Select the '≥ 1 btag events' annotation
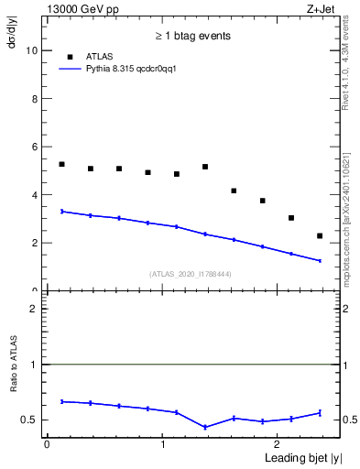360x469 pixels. (x=192, y=37)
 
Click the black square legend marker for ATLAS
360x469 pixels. (x=65, y=56)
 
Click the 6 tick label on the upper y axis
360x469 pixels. (x=35, y=147)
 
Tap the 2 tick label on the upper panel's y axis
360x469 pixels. (x=35, y=243)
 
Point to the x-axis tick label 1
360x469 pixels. (x=162, y=444)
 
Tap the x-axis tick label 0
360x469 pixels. (x=47, y=444)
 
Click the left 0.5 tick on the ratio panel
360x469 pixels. (x=32, y=420)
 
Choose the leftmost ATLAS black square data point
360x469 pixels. (x=61, y=164)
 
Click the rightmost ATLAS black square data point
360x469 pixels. (x=320, y=235)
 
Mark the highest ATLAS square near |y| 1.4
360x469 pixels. (x=205, y=167)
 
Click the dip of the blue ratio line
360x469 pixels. (x=205, y=427)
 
